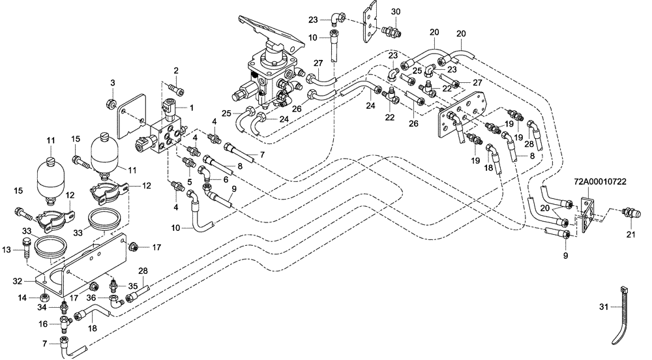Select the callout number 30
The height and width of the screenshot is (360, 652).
(x=396, y=12)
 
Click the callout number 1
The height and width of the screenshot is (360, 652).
(x=192, y=107)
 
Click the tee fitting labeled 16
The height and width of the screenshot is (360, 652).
(x=64, y=322)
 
